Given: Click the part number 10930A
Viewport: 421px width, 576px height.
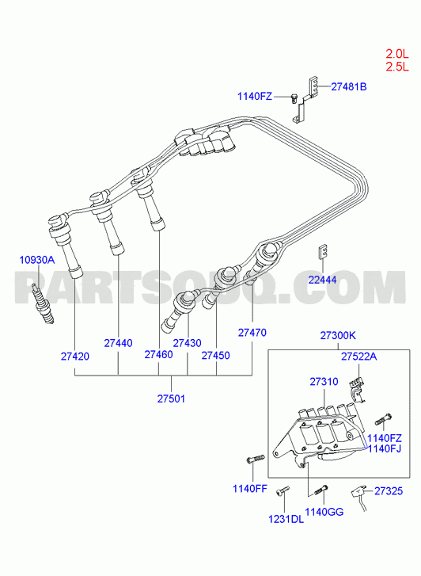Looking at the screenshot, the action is pos(36,260).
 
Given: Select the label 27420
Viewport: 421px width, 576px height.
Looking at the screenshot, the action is pos(75,357).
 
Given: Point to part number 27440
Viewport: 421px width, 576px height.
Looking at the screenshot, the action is pos(118,343).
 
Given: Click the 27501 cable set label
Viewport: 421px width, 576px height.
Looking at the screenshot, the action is pos(172,399).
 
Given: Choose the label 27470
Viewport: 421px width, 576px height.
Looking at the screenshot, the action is pos(252,333).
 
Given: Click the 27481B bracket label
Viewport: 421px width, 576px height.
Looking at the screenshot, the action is pos(349,86).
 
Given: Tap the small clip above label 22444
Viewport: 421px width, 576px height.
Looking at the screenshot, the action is pos(322,252).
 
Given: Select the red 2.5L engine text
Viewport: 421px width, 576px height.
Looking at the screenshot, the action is pos(396,67).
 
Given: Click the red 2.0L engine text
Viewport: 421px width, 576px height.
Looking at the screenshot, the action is pos(396,54).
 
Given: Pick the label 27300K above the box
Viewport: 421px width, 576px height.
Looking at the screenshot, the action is pos(338,335).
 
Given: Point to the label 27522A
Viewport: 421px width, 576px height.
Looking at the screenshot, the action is pos(359,357).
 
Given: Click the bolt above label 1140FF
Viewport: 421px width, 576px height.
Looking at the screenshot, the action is pos(254,459).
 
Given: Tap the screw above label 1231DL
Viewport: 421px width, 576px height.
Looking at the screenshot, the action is pos(283,490).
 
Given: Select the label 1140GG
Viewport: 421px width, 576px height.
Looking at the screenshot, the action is pos(324,512).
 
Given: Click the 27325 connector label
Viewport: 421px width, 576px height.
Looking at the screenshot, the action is pos(389,491).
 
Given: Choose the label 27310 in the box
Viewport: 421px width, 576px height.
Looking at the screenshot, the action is pos(324,382).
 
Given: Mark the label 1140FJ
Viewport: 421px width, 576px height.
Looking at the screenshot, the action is pos(385,448).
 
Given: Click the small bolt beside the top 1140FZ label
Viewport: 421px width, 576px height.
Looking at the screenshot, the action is pos(294,98).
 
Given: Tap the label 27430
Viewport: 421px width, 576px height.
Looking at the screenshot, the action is pos(188,343).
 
